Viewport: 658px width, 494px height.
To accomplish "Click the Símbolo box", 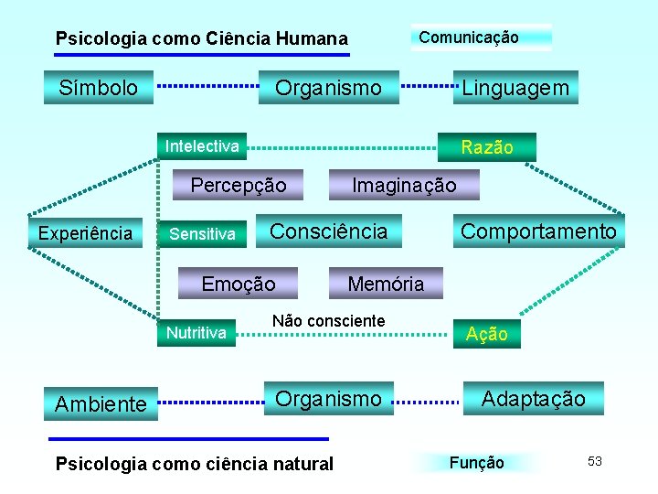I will (x=99, y=88).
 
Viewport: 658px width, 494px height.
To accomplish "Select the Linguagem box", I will (x=515, y=88).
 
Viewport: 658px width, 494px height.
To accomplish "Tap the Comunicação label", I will (x=469, y=38).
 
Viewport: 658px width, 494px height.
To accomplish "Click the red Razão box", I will (x=487, y=147).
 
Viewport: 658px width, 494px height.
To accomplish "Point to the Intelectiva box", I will (x=202, y=145).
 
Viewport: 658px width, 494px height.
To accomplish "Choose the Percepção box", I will (x=238, y=186).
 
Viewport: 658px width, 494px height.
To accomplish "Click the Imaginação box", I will (x=404, y=186).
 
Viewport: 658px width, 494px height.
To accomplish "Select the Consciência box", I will (x=329, y=231).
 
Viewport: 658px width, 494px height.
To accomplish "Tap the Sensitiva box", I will (x=202, y=234).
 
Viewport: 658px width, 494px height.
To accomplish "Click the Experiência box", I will (x=85, y=233).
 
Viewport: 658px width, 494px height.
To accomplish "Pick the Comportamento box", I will (x=538, y=231).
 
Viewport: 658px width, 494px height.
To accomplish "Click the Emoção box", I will (x=238, y=284).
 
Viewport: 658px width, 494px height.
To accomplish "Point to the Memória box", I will (x=386, y=284).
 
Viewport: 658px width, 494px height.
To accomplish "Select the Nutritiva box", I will (x=196, y=332).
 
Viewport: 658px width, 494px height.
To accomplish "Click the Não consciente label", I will (x=329, y=321).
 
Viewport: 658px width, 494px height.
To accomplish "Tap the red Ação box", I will (x=487, y=334).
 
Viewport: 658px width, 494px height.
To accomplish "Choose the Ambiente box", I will (x=101, y=403).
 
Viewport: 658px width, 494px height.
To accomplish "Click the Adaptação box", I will (x=533, y=399).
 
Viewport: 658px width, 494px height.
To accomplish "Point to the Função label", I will (x=476, y=463).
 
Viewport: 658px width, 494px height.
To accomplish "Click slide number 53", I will (x=595, y=461).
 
